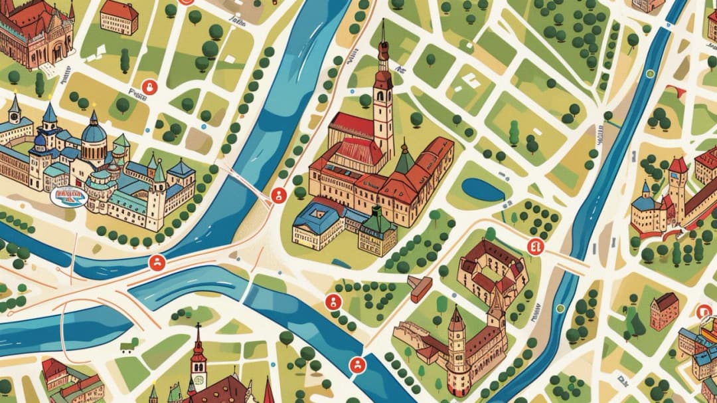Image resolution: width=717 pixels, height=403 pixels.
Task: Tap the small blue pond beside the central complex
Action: coord(483,190)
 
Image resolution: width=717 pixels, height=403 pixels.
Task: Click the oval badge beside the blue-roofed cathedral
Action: coord(68,196)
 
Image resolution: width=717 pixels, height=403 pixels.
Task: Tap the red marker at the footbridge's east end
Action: coord(278,195)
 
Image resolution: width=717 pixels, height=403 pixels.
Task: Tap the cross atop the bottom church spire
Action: coord(197,327)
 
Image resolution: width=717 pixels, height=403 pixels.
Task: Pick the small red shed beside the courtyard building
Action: coord(420,287)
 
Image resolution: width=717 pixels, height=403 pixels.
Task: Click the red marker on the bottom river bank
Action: coord(357,364)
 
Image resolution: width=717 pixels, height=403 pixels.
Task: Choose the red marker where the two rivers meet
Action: coord(157,263)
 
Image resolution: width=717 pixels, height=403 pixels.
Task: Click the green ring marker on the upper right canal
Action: coord(649,74)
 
